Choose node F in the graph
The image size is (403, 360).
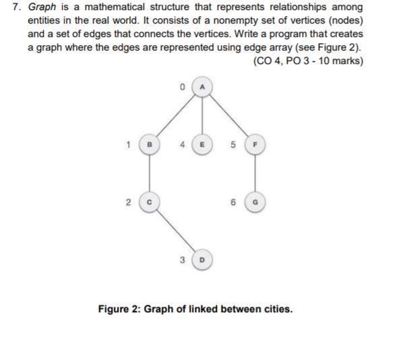pyautogui.click(x=255, y=144)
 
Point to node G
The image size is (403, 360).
pyautogui.click(x=255, y=200)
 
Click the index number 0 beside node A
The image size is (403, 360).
pyautogui.click(x=183, y=87)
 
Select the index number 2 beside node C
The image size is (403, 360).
pyautogui.click(x=131, y=200)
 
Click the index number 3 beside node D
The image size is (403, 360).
pyautogui.click(x=183, y=258)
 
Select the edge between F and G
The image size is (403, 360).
pyautogui.click(x=255, y=172)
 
